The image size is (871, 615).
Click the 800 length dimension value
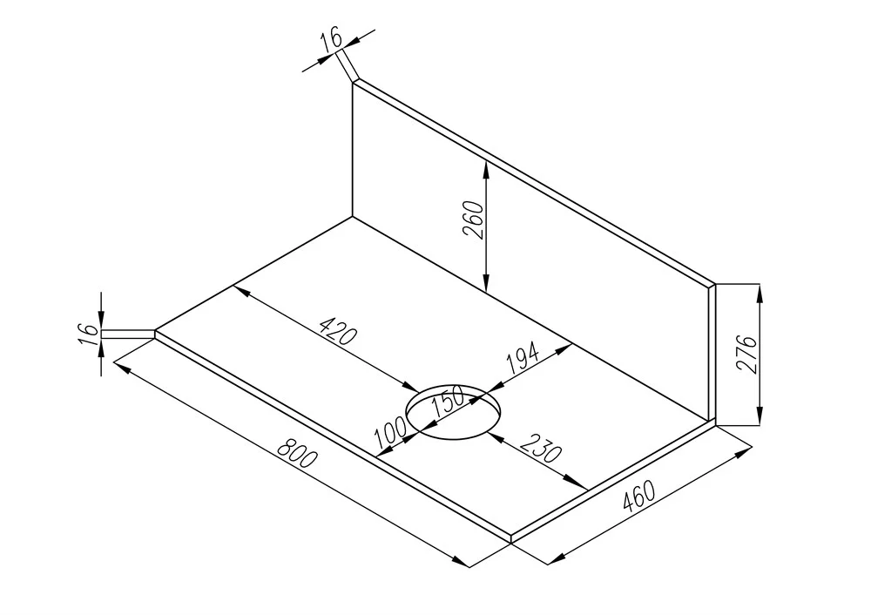coord(297,453)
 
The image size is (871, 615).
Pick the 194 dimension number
coord(522,359)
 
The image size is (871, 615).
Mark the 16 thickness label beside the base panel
coord(88,335)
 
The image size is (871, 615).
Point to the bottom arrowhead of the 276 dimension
coord(760,416)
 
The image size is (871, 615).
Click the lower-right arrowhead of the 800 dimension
coord(461,562)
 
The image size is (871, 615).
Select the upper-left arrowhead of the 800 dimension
coord(122,368)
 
